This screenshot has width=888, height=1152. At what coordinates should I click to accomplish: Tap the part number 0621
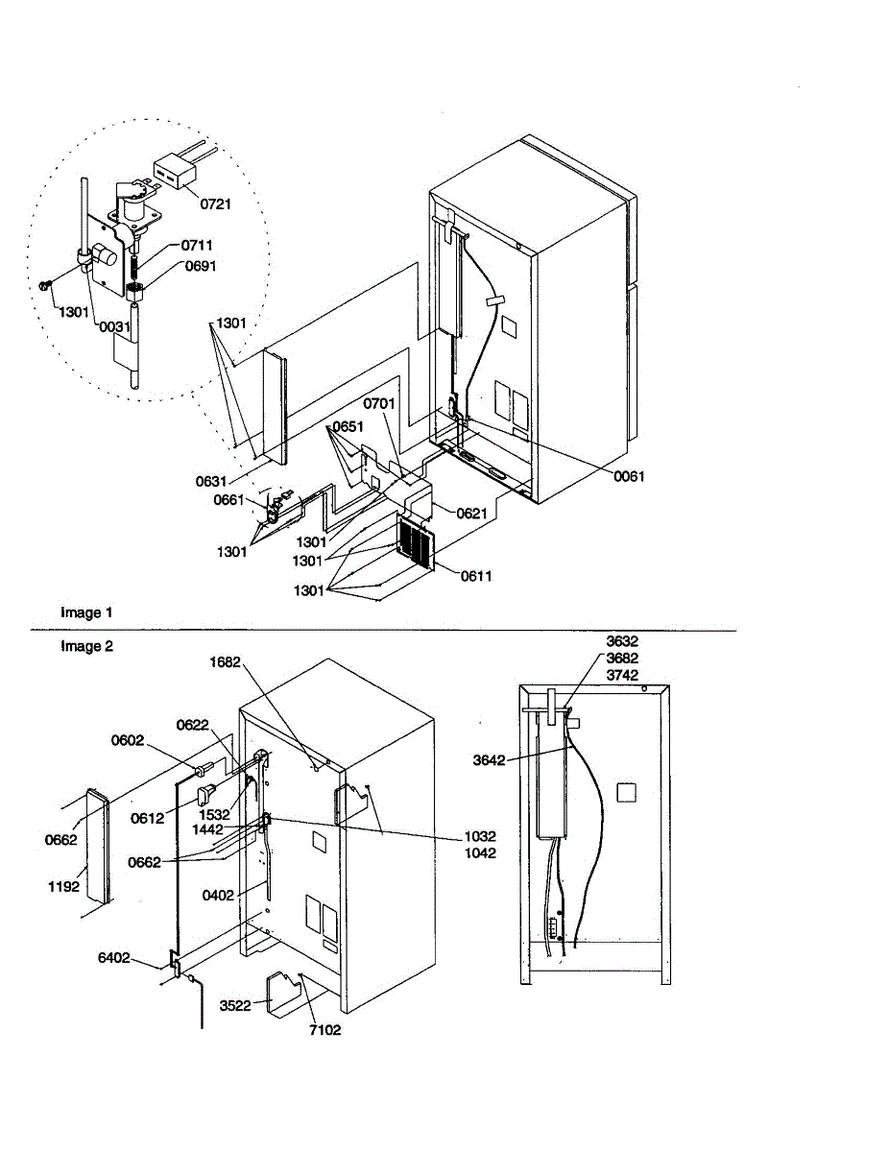[472, 514]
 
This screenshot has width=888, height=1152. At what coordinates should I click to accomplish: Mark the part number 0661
[229, 499]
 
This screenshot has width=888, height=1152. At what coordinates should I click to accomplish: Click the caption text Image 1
[86, 612]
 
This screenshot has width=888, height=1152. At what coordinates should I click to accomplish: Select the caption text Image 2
[86, 646]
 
